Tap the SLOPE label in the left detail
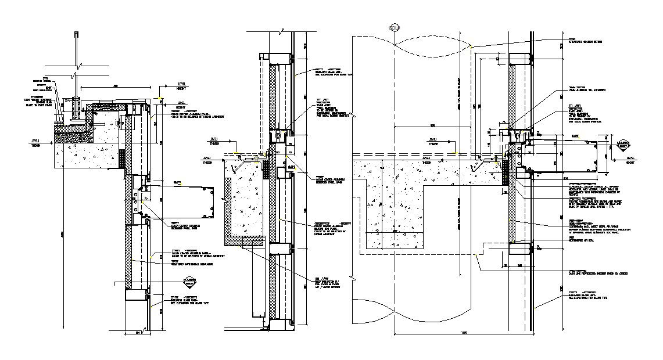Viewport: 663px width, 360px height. (x=178, y=182)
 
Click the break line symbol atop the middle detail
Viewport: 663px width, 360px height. (x=281, y=30)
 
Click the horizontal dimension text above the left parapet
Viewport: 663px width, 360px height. (x=116, y=86)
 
